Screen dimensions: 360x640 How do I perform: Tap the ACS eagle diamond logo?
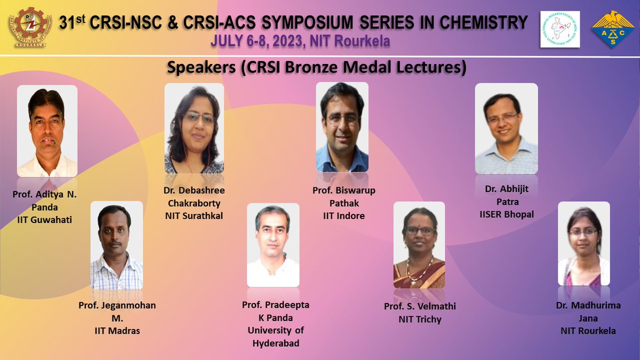612,30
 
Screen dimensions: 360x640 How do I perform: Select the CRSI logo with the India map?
559,29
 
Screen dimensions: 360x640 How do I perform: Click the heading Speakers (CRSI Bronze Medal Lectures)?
317,68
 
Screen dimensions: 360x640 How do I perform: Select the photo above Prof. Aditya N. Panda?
47,131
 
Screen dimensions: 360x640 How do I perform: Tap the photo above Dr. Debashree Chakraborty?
194,128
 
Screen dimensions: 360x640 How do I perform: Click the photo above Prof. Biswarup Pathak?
342,127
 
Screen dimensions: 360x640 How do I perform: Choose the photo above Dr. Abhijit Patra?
506,128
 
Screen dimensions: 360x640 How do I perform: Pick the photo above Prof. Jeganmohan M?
116,245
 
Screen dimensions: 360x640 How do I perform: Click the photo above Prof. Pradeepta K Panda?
273,245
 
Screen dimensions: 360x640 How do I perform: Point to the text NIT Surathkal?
194,216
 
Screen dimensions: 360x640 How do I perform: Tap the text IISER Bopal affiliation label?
507,214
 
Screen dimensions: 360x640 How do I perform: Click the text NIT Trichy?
420,319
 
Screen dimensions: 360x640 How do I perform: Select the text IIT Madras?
117,331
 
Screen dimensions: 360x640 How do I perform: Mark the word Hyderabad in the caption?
276,343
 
